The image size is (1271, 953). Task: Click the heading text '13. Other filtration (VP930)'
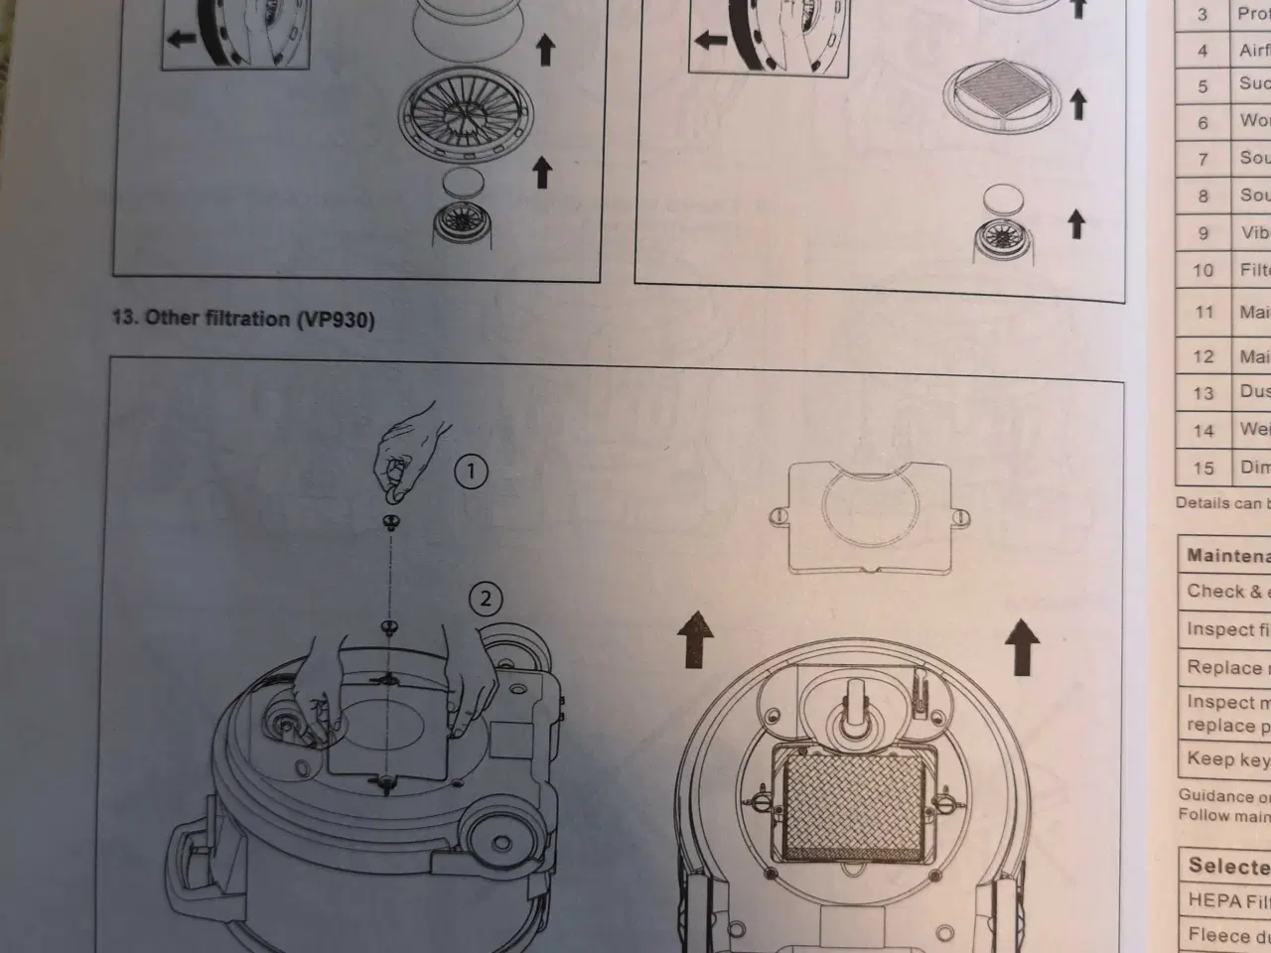coord(243,319)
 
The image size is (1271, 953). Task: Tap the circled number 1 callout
coord(471,473)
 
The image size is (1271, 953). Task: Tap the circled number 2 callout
coord(486,598)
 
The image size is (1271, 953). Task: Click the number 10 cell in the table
coord(1203,270)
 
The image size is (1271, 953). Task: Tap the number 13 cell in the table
coord(1203,393)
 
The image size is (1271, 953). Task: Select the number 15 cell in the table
coord(1203,468)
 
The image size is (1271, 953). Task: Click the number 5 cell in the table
coord(1203,86)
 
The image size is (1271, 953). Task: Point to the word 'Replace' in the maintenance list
coord(1223,667)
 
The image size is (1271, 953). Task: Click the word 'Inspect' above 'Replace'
coord(1220,629)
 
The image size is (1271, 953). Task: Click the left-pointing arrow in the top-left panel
coord(183,40)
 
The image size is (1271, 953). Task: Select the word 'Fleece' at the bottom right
coord(1219,935)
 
